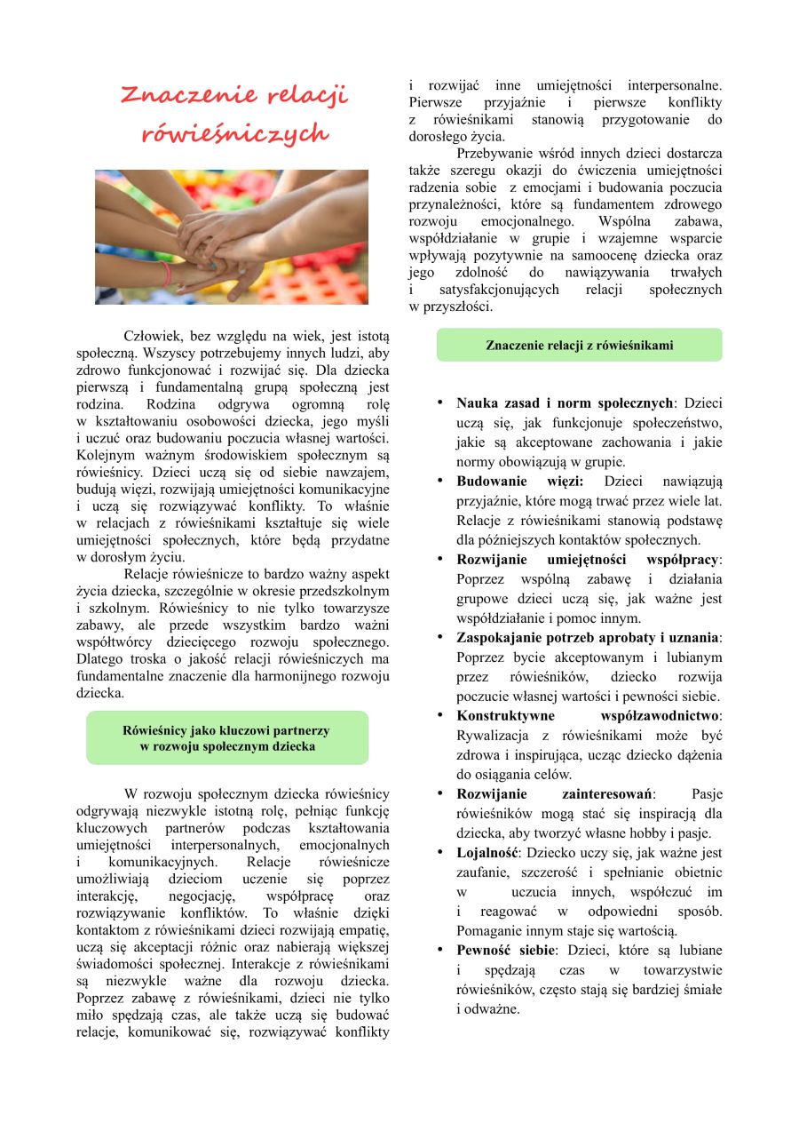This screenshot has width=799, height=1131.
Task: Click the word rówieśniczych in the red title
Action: click(x=234, y=134)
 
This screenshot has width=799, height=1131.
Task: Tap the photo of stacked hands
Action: click(x=232, y=236)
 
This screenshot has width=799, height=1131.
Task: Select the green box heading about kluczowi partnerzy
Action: click(x=227, y=738)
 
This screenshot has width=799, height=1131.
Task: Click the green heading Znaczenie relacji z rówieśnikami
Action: click(x=579, y=346)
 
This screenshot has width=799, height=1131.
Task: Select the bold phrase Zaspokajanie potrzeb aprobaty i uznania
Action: click(x=589, y=638)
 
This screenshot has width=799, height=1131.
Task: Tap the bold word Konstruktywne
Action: click(x=505, y=716)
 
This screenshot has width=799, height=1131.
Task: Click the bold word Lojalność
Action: click(x=487, y=853)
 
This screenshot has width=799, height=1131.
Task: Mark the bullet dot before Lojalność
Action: click(x=440, y=852)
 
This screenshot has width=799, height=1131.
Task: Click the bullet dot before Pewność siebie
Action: click(x=440, y=950)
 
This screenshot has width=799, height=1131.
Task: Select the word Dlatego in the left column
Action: click(x=100, y=659)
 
